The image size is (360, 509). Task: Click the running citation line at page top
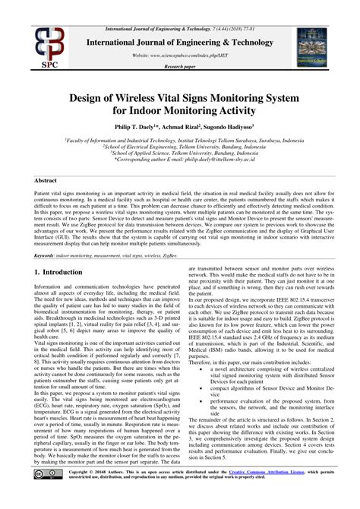coord(180,6)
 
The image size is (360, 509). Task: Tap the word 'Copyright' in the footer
coord(79,492)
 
